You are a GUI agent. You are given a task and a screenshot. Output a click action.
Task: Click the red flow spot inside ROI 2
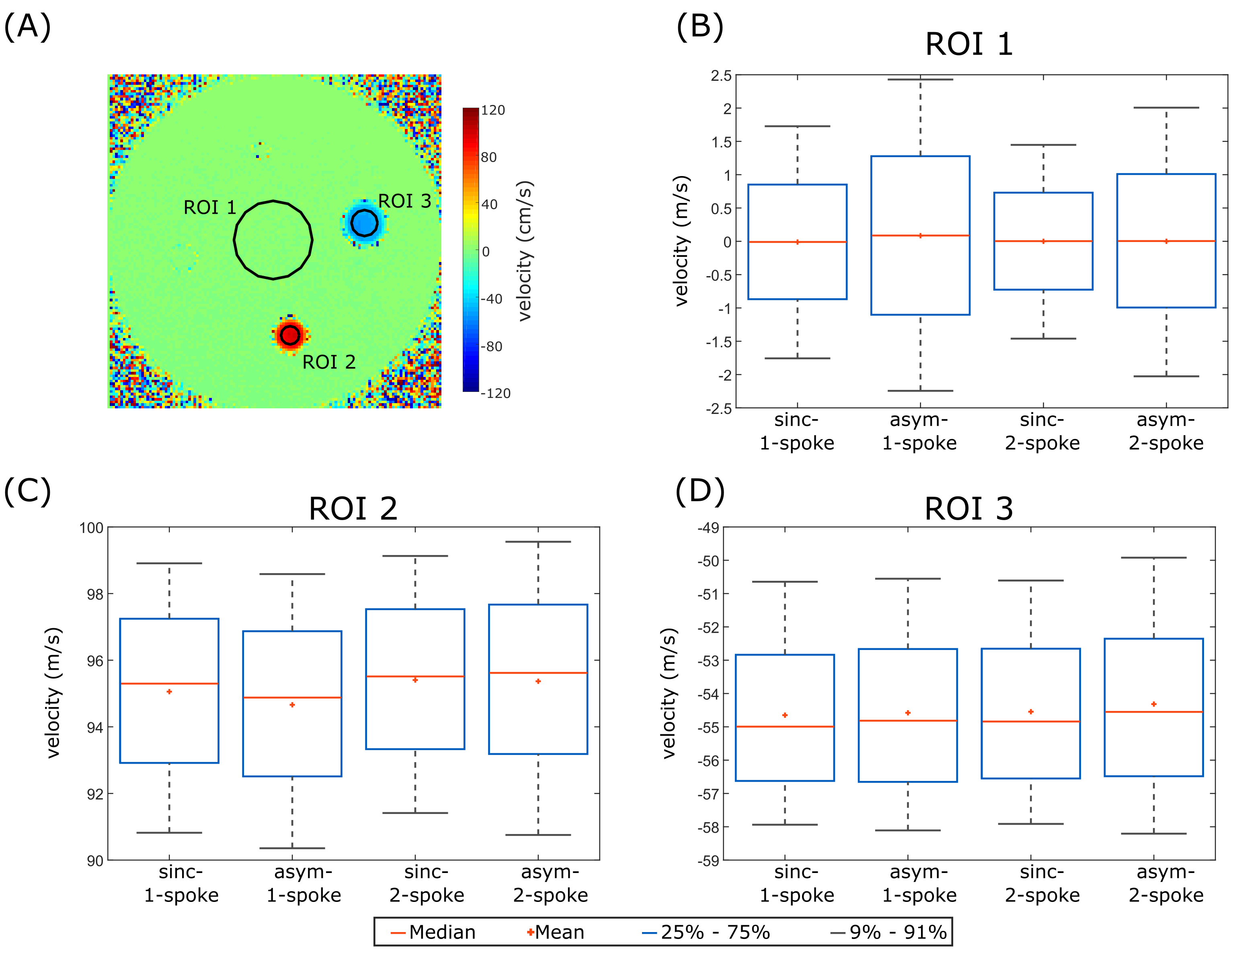290,335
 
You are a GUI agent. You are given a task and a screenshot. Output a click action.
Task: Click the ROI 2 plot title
353,508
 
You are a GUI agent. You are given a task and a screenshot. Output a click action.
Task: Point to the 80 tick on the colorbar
489,158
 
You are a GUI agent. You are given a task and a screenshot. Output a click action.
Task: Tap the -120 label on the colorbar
496,393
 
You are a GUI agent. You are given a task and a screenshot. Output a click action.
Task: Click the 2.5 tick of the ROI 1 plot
721,76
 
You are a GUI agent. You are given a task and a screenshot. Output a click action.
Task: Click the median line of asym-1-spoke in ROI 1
920,235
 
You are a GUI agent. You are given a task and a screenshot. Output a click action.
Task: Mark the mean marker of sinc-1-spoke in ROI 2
169,691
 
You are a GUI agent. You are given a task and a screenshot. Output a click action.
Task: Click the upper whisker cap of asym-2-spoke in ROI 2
538,542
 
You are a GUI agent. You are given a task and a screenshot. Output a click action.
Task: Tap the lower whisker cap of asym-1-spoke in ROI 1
920,391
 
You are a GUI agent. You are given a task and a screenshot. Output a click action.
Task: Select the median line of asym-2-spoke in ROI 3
1153,712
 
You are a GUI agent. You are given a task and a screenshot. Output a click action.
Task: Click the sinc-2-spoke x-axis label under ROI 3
1042,883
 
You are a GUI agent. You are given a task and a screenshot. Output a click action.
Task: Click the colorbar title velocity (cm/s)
525,250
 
